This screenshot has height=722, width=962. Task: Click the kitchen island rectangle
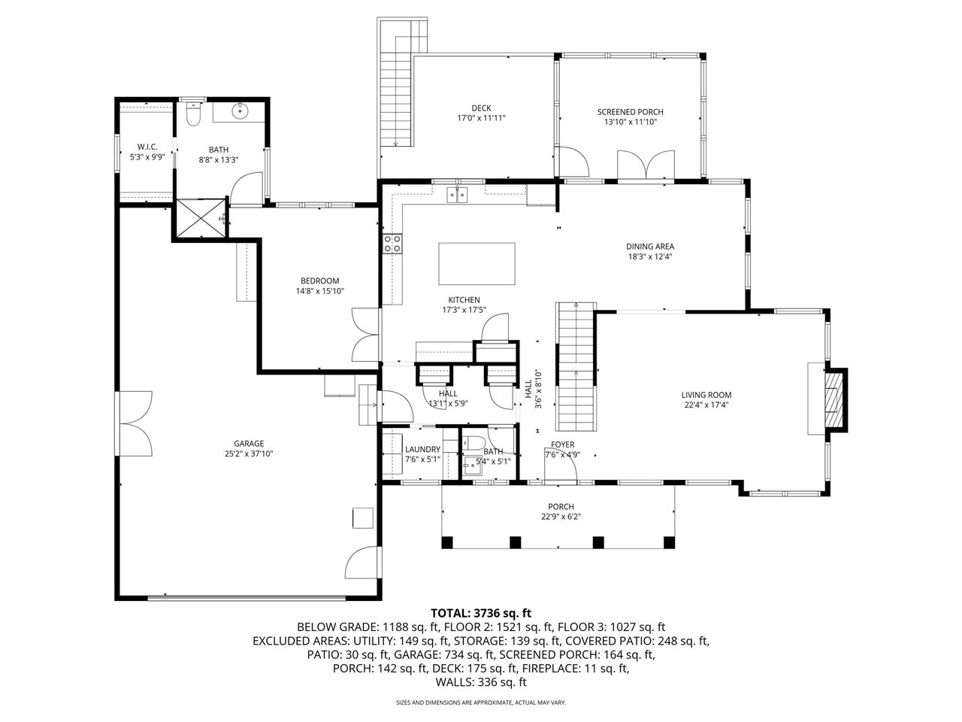[x=476, y=263]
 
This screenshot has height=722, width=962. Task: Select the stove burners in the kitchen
[x=392, y=243]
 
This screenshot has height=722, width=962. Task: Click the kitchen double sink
[x=458, y=195]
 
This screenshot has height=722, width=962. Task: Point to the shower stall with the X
[x=200, y=218]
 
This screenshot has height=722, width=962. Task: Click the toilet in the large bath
[x=193, y=116]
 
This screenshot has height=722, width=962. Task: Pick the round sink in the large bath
[x=240, y=113]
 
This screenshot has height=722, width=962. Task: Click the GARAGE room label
[x=249, y=444]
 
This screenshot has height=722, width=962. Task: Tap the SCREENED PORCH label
[x=630, y=112]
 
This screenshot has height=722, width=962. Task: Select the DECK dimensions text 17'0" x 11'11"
[x=481, y=118]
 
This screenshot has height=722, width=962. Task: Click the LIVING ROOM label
[x=706, y=395]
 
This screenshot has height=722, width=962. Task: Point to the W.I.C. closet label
[x=147, y=147]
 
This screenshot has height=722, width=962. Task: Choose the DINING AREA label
[x=650, y=246]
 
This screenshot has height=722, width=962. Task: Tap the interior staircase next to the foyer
[x=575, y=365]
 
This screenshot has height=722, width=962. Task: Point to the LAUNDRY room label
[x=422, y=450]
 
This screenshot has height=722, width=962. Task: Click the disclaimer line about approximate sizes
[x=481, y=702]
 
